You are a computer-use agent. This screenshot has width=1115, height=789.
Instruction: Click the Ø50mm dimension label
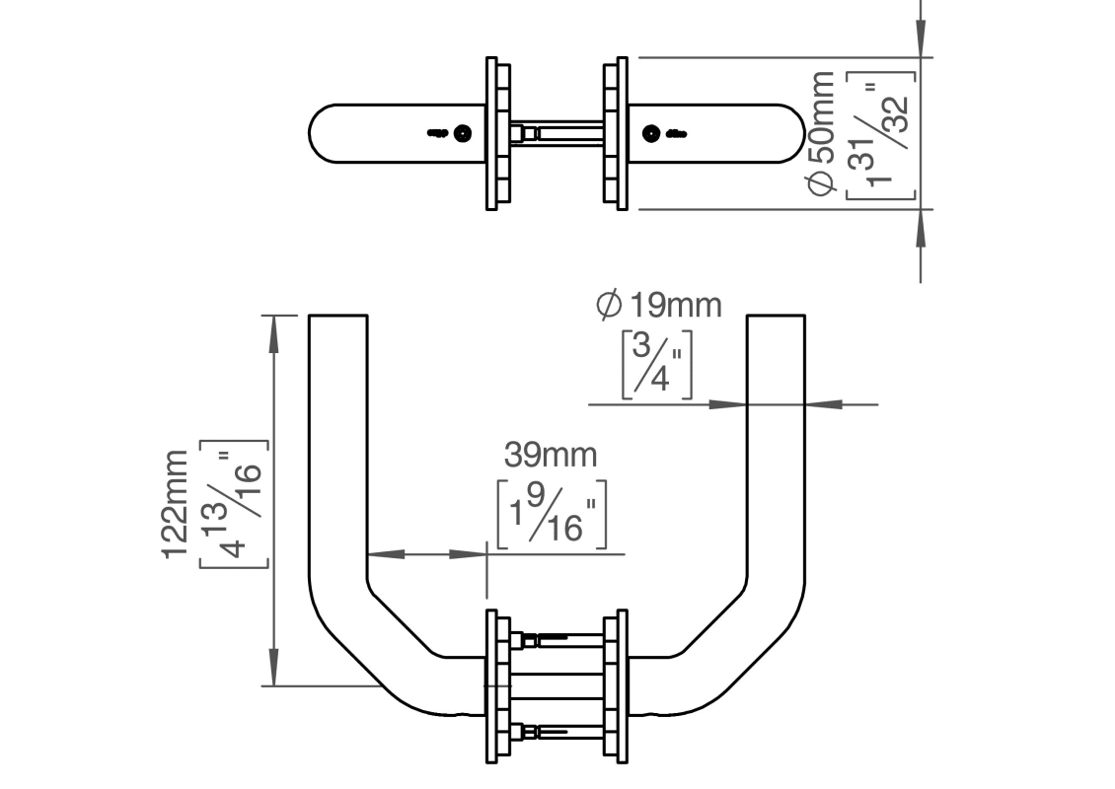[x=821, y=133]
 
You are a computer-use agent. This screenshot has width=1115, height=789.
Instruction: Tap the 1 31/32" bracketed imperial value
[x=880, y=135]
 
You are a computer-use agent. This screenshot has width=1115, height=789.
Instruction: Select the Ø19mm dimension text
[x=659, y=305]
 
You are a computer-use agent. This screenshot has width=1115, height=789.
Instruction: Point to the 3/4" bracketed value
[x=657, y=364]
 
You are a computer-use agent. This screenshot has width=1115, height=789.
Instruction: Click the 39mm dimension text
[x=551, y=455]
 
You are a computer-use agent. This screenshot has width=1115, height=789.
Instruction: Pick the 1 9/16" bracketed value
[x=552, y=514]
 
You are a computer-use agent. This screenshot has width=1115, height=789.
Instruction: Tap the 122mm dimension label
[x=176, y=504]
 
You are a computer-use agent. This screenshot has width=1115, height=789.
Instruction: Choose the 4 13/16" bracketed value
[x=234, y=504]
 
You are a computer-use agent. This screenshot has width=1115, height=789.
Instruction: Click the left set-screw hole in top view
[x=463, y=133]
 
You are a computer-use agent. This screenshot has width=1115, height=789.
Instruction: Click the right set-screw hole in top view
[x=650, y=133]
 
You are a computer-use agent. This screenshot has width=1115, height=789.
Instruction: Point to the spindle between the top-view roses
[x=557, y=133]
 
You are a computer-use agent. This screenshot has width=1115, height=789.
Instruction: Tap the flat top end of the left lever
[x=337, y=315]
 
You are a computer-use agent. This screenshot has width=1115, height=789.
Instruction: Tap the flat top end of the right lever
[x=776, y=315]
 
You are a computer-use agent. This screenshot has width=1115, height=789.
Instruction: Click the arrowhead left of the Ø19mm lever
[x=728, y=404]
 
